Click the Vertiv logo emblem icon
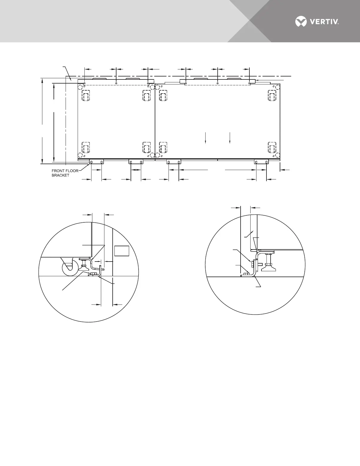pyautogui.click(x=301, y=21)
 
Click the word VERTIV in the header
pyautogui.click(x=324, y=22)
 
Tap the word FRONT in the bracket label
pyautogui.click(x=58, y=171)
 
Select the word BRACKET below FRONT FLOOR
pyautogui.click(x=61, y=175)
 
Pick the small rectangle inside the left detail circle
pyautogui.click(x=122, y=251)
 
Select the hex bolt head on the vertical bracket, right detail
pyautogui.click(x=253, y=263)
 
